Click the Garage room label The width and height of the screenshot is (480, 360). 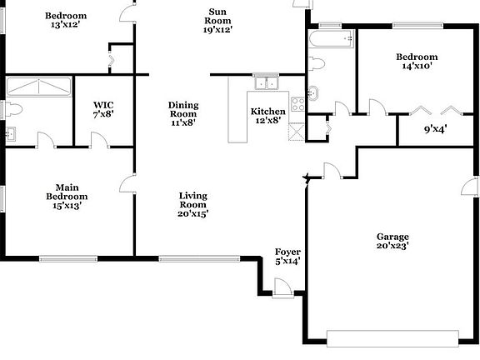click(x=392, y=242)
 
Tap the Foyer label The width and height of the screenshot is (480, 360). click(x=287, y=257)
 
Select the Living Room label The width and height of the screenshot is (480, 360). click(x=193, y=204)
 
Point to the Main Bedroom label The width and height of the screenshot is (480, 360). click(x=67, y=197)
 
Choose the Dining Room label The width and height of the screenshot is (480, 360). click(x=183, y=113)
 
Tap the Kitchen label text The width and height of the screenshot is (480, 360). click(x=268, y=116)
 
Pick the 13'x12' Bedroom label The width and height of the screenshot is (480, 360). click(x=66, y=21)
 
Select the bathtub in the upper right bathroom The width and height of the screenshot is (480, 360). click(x=332, y=38)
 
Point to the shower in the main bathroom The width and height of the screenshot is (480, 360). click(x=39, y=87)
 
